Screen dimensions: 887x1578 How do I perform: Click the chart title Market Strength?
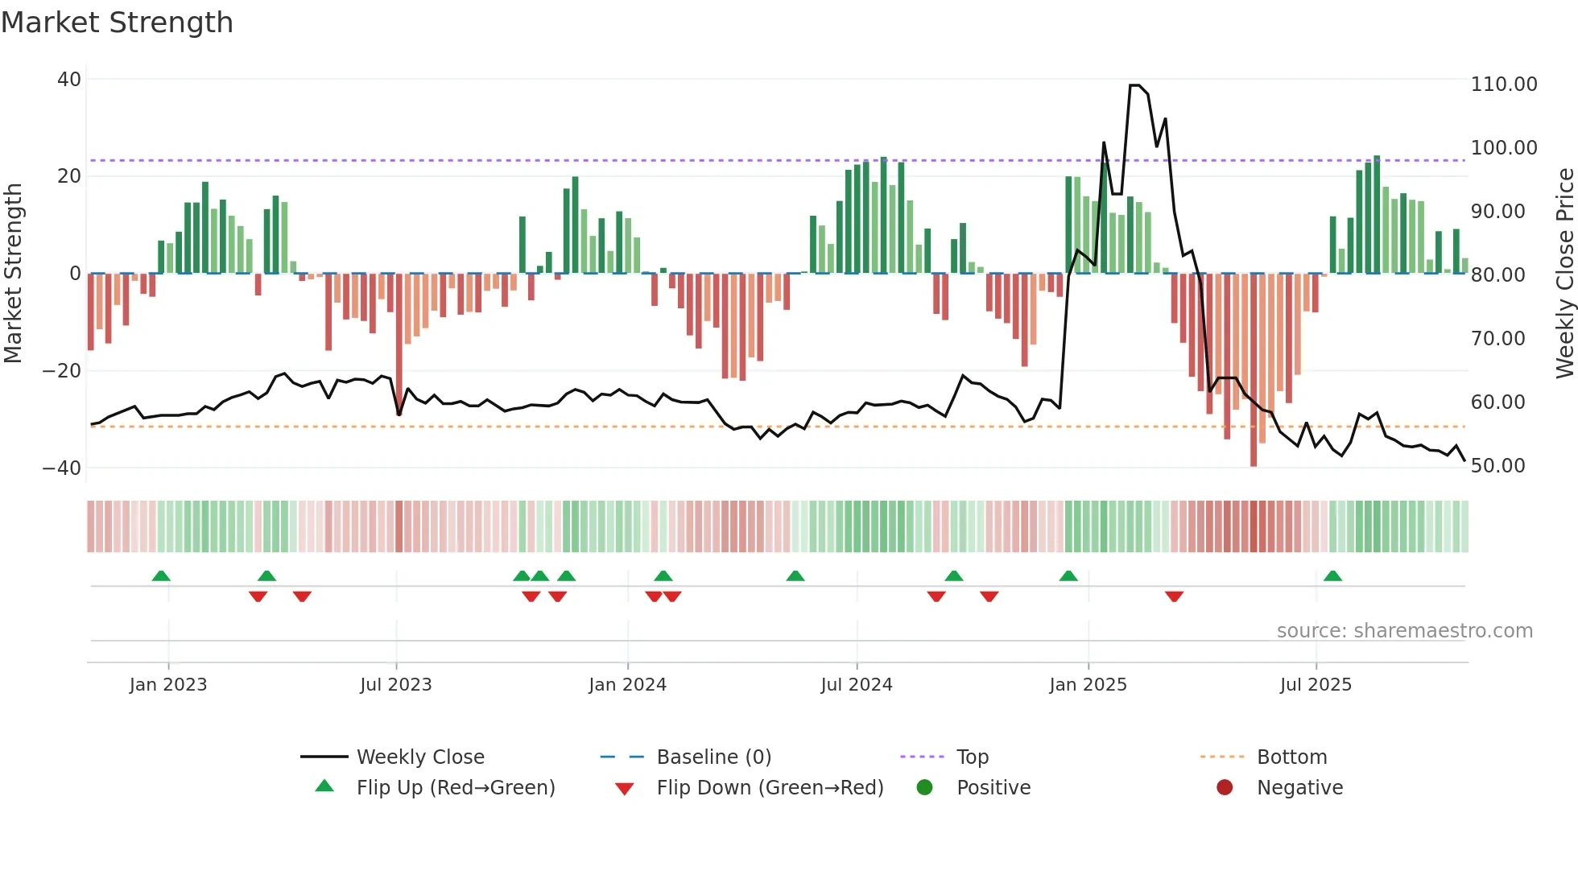point(117,23)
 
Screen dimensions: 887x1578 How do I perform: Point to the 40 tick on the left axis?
point(69,80)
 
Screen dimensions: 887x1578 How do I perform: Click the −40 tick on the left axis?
point(62,468)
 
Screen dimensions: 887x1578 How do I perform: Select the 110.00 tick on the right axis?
point(1503,85)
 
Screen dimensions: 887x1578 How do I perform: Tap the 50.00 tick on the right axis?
point(1497,466)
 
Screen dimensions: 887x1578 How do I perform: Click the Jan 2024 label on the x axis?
point(627,685)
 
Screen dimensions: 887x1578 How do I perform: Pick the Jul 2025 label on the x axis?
point(1316,685)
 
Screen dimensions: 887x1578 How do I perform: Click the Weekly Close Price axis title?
point(1564,274)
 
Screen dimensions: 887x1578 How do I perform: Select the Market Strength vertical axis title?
point(14,274)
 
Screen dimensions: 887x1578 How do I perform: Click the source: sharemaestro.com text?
point(1404,631)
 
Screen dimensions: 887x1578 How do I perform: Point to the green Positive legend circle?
point(924,788)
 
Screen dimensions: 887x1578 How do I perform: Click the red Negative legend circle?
point(1225,788)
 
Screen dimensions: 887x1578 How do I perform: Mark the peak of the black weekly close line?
point(1134,85)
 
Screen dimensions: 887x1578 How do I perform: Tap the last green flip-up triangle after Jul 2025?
point(1332,576)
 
